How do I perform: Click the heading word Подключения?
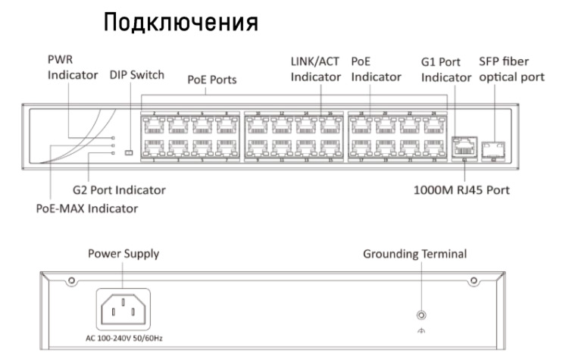point(181,22)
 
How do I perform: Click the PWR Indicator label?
point(73,67)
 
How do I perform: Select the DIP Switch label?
point(136,75)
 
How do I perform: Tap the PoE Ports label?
point(212,79)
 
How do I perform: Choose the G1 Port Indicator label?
point(446,68)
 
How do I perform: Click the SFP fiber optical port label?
point(512,68)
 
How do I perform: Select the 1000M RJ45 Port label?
point(462,189)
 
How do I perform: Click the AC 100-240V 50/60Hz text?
point(123,337)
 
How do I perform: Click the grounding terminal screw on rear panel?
point(421,315)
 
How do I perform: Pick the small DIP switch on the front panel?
point(129,153)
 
